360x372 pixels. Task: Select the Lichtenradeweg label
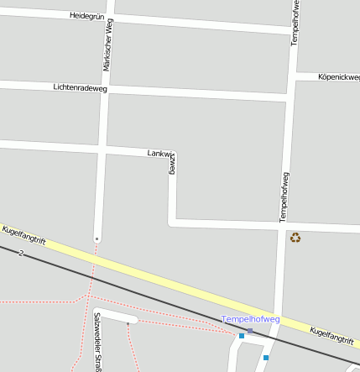point(81,87)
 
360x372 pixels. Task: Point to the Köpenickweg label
point(339,77)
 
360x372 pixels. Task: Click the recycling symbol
point(295,238)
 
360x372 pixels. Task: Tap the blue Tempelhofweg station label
point(251,319)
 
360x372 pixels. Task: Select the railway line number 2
point(19,252)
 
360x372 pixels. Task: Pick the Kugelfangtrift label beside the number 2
point(23,236)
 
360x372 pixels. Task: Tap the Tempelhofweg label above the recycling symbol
point(284,196)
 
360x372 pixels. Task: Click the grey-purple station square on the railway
point(249,331)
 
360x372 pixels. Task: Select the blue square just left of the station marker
point(242,336)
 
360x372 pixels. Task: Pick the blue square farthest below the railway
point(266,358)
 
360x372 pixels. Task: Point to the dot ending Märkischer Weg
point(97,239)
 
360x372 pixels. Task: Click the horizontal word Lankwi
point(159,153)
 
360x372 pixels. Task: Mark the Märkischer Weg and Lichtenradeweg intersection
point(105,88)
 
